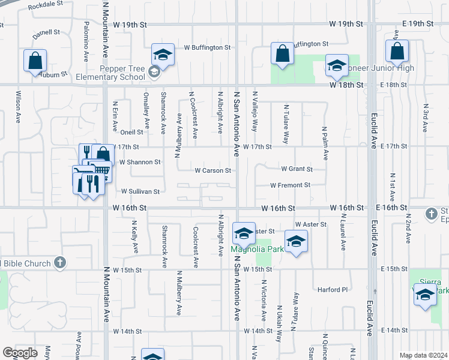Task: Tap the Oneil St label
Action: pyautogui.click(x=131, y=132)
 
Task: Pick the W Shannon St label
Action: pyautogui.click(x=140, y=162)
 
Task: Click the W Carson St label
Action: pyautogui.click(x=212, y=170)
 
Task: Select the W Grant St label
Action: pyautogui.click(x=294, y=170)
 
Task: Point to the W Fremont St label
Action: pyautogui.click(x=290, y=185)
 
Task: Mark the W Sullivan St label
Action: pyautogui.click(x=140, y=192)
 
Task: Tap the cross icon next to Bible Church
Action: pyautogui.click(x=59, y=262)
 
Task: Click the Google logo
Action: pyautogui.click(x=20, y=353)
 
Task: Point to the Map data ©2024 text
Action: pyautogui.click(x=423, y=355)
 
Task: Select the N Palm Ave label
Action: pyautogui.click(x=325, y=143)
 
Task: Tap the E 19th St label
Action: pyautogui.click(x=418, y=24)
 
